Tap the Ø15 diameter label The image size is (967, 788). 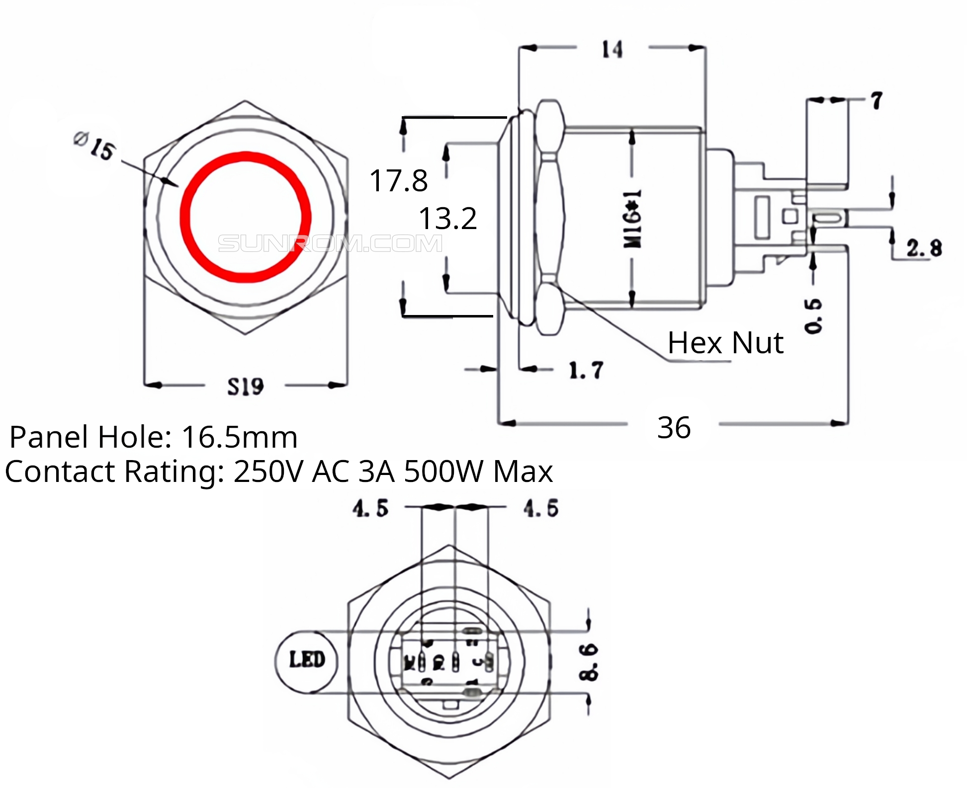click(95, 146)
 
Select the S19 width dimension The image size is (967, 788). click(245, 387)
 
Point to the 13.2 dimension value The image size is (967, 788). click(447, 218)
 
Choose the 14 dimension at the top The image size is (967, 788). click(612, 49)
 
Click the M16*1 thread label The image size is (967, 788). click(632, 218)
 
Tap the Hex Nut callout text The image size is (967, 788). click(725, 342)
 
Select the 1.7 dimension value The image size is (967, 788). click(586, 371)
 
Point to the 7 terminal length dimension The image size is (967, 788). click(876, 101)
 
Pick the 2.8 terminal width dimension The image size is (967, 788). click(924, 248)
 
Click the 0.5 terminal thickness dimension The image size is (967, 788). click(813, 316)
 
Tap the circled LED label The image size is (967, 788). click(307, 660)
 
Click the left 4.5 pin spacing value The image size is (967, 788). click(370, 509)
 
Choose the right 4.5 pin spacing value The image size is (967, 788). click(541, 509)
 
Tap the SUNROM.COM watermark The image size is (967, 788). click(330, 243)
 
